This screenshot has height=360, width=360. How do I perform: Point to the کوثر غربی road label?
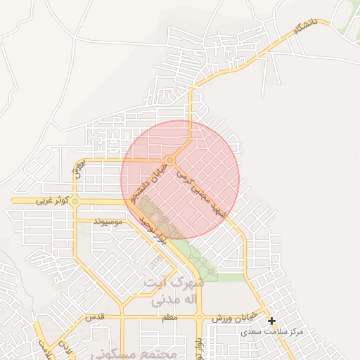coord(53,200)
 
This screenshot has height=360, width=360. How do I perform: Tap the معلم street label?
coord(169,318)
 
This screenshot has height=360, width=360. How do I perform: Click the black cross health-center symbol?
coord(271,321)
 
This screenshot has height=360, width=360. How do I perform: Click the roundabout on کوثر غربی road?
coord(75,201)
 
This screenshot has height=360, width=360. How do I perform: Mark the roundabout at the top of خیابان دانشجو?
coord(170,160)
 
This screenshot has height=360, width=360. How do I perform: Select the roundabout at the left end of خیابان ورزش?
coord(200,318)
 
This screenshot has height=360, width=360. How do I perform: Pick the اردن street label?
coord(64,349)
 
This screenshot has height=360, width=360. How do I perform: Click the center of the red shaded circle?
coord(180,179)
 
